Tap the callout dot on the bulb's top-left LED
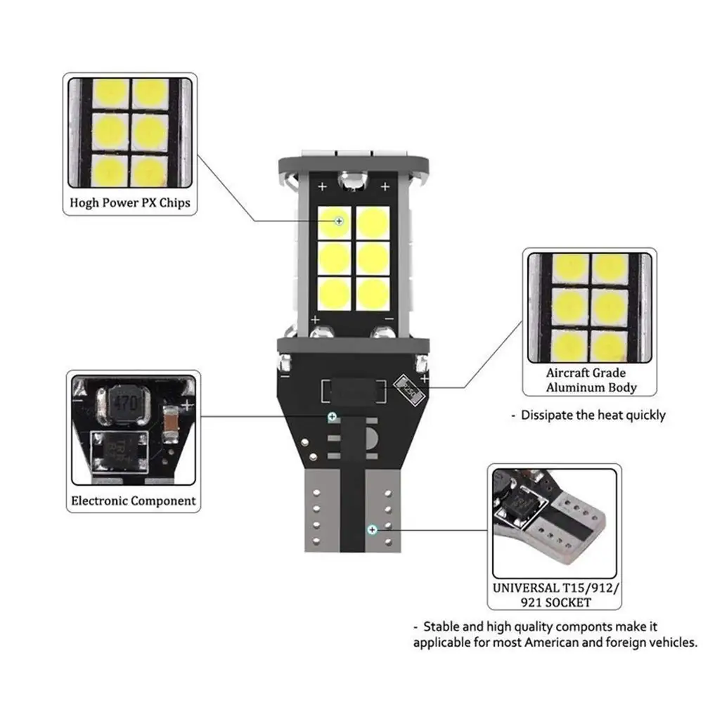pyautogui.click(x=339, y=221)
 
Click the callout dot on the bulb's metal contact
pyautogui.click(x=372, y=527)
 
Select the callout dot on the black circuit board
pyautogui.click(x=332, y=417)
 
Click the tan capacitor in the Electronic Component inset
pyautogui.click(x=169, y=424)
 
